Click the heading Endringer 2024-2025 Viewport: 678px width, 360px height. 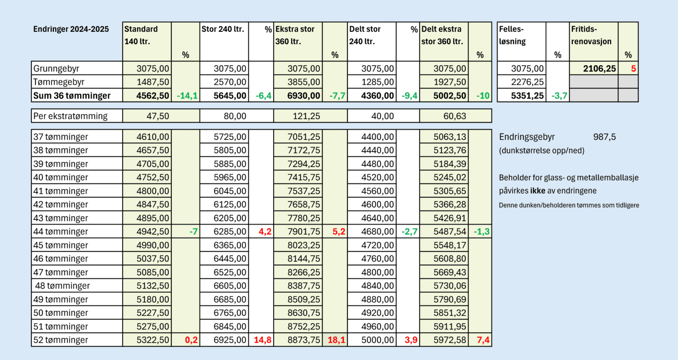point(71,29)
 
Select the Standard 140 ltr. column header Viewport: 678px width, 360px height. point(141,35)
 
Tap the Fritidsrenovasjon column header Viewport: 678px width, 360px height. point(591,35)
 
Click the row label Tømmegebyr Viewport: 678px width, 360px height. point(59,82)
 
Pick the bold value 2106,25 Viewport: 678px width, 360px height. point(599,68)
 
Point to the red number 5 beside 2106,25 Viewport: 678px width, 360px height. point(633,68)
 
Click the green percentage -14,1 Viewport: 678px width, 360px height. point(187,96)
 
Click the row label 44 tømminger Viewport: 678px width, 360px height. point(61,232)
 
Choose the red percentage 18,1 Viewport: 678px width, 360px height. point(336,340)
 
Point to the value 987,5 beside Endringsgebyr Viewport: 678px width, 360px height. point(604,137)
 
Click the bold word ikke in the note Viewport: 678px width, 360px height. point(537,191)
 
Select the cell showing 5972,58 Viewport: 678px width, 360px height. point(449,340)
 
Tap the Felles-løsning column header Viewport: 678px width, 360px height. point(512,35)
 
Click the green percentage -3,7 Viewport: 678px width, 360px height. point(559,96)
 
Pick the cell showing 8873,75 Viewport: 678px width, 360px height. point(304,340)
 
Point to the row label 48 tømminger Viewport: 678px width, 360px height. point(62,286)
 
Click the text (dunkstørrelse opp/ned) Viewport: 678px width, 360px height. point(542,150)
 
